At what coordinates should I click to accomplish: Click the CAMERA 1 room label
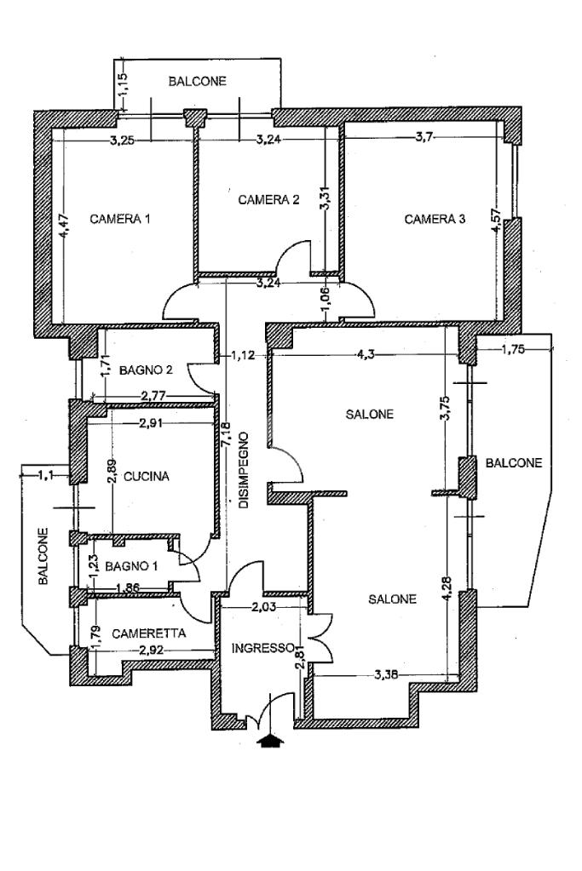tap(120, 219)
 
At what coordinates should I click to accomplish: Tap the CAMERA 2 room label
tap(268, 200)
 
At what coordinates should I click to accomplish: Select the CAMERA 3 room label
tap(435, 219)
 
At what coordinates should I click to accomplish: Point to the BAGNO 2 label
tap(147, 370)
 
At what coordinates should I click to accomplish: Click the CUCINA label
tap(147, 477)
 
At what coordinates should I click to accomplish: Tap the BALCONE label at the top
tap(198, 82)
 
